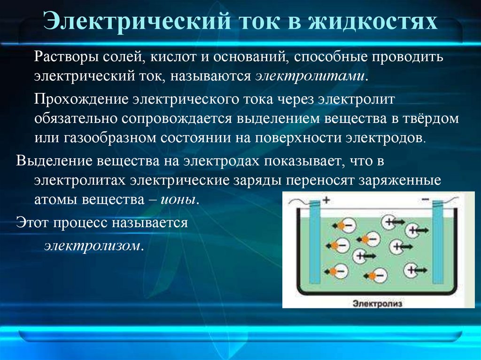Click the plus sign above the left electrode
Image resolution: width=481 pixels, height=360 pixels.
(326, 199)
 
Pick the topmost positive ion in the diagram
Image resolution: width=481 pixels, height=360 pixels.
(390, 221)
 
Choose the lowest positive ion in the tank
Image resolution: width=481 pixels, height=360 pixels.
(411, 269)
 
